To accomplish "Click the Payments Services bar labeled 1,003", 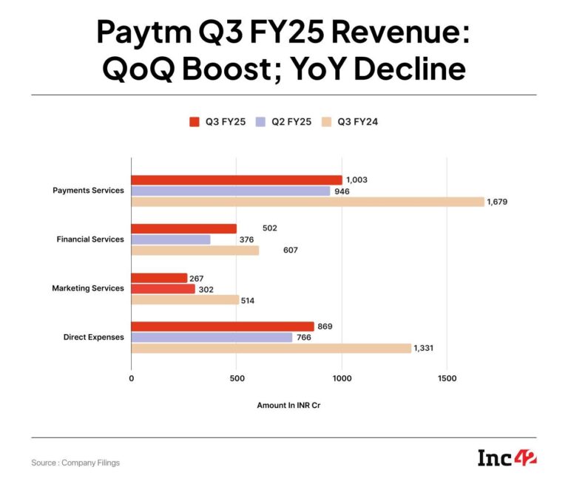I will [237, 180].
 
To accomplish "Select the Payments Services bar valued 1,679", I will [308, 202].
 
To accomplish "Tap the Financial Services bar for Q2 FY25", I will [171, 239].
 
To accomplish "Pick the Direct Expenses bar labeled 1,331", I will [271, 348].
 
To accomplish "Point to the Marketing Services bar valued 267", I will [159, 278].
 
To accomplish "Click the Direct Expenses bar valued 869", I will [223, 327].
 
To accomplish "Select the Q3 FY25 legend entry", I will [216, 122].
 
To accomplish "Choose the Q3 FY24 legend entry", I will [350, 122].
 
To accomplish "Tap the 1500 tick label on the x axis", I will [447, 378].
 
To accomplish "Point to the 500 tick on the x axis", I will [236, 378].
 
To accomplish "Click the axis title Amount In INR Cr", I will [288, 406].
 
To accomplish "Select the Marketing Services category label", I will [87, 288].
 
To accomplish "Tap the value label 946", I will [342, 191].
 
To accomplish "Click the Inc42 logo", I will [507, 457].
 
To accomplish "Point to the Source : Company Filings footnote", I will [75, 463].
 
